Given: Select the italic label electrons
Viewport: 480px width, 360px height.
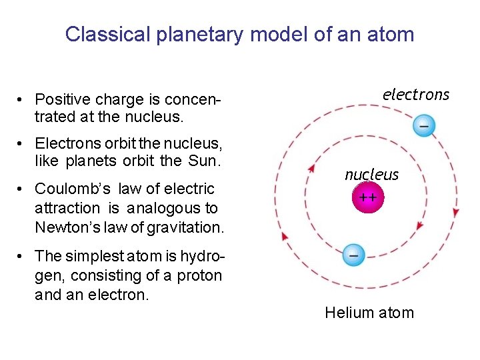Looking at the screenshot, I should (x=416, y=95).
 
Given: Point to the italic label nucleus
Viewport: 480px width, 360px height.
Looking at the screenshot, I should (x=371, y=175).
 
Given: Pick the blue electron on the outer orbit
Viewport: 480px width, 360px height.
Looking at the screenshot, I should (x=423, y=124).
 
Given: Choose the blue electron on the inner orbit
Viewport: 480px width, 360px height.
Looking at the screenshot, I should (x=353, y=255).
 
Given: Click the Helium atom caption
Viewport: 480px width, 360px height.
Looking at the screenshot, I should (x=369, y=313).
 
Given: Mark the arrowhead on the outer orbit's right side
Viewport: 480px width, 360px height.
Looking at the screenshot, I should (x=456, y=212).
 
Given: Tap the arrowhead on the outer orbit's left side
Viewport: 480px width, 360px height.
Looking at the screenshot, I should (x=285, y=235).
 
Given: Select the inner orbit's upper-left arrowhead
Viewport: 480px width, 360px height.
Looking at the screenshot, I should (x=311, y=169).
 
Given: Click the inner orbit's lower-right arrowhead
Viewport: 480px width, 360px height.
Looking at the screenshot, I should (x=419, y=226).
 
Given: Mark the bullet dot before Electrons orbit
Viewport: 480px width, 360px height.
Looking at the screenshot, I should (x=23, y=143).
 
